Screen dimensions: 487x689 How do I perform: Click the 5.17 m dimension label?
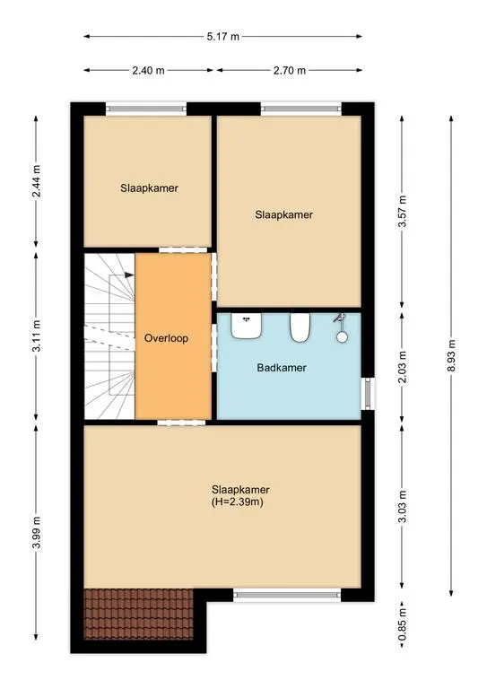pos(223,37)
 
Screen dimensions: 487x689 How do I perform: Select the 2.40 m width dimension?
pos(148,70)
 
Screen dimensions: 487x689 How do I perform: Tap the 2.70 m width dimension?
pos(290,70)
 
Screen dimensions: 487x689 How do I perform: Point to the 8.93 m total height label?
pos(451,356)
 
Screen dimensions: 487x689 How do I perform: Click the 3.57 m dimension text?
pos(402,212)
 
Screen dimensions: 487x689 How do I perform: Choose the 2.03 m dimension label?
pos(402,367)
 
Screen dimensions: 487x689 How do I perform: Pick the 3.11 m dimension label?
pos(37,336)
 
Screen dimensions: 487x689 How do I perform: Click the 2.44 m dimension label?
pos(37,180)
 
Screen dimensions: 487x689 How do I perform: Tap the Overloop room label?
pos(167,338)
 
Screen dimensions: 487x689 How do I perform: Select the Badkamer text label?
pos(282,368)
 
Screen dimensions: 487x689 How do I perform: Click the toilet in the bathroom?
pos(300,327)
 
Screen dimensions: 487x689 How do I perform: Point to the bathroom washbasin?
pos(247,326)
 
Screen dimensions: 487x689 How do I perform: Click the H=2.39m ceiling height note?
pos(238,502)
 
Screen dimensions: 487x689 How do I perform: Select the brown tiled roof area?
pos(138,614)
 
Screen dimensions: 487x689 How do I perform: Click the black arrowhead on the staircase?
pos(129,275)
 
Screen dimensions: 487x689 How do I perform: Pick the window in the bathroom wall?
pos(368,394)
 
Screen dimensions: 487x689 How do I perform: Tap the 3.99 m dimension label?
pos(37,532)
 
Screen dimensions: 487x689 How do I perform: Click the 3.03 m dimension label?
pos(402,507)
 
